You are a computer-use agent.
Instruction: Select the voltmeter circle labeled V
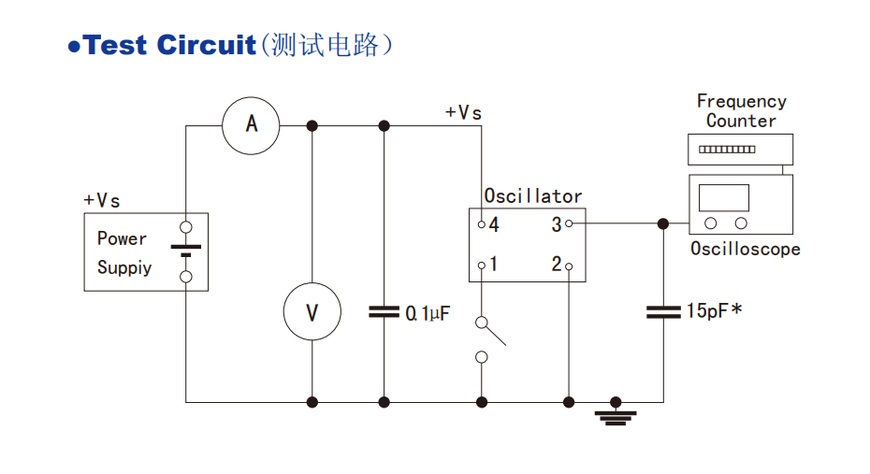tap(312, 311)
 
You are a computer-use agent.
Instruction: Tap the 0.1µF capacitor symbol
tap(384, 311)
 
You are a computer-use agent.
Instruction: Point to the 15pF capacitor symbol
tap(663, 311)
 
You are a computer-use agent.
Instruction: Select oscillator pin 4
tap(482, 224)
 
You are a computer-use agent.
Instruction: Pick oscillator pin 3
tap(569, 224)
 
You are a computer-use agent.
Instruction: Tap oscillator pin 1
tap(482, 266)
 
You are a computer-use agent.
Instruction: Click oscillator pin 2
tap(569, 266)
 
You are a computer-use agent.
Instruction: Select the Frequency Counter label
tap(741, 110)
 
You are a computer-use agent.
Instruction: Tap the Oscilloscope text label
tap(745, 249)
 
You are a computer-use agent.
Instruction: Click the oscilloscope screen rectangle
tap(724, 197)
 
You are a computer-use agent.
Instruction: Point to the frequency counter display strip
tap(727, 149)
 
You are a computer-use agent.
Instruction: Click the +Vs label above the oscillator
tap(463, 112)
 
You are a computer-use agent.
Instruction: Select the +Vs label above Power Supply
tap(102, 200)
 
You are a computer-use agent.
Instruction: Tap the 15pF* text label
tap(714, 311)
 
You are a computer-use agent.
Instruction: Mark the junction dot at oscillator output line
tap(663, 223)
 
